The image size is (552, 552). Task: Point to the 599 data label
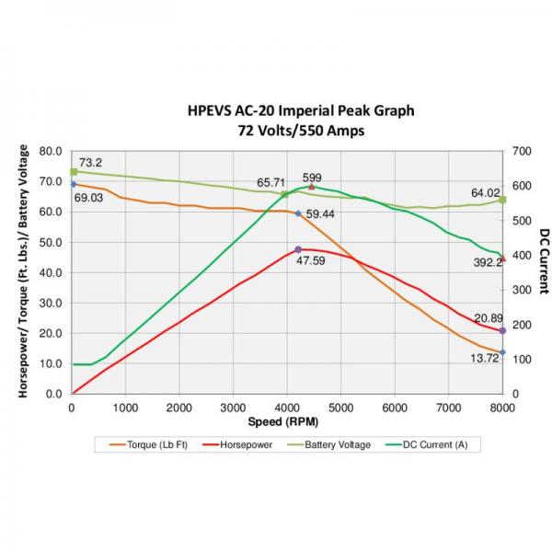pos(312,178)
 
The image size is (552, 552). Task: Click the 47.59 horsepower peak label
pos(311,261)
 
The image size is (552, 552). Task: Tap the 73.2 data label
pos(90,163)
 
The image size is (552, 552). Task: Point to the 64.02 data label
pos(487,193)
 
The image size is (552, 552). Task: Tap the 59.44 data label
pos(320,214)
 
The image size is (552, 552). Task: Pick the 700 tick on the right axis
pos(522,150)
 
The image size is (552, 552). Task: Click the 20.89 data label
pos(489,318)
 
